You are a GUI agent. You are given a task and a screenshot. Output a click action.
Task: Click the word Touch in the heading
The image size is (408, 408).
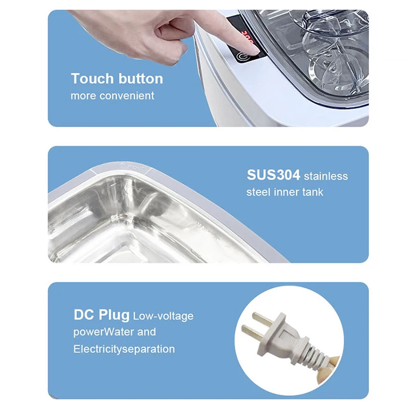pyautogui.click(x=92, y=78)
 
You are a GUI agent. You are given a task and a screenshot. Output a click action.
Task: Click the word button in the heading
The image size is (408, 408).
pyautogui.click(x=140, y=78)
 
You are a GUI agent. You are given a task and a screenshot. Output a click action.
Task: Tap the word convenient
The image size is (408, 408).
pyautogui.click(x=127, y=96)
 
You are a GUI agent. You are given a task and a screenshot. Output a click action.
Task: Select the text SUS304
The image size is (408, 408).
pyautogui.click(x=273, y=175)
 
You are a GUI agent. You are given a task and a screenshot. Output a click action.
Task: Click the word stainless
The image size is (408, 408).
pyautogui.click(x=326, y=176)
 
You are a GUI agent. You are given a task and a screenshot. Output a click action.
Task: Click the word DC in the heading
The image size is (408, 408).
pyautogui.click(x=84, y=314)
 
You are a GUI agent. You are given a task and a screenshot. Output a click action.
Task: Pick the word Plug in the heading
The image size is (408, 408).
pyautogui.click(x=114, y=316)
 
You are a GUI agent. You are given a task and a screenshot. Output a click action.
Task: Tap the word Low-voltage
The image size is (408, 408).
pyautogui.click(x=163, y=316)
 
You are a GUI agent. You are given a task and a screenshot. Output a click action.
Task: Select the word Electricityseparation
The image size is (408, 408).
pyautogui.click(x=124, y=349)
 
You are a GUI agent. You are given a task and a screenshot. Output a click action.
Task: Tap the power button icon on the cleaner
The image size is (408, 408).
pyautogui.click(x=242, y=57)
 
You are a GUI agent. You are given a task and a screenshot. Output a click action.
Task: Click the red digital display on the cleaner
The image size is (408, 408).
pyautogui.click(x=248, y=38)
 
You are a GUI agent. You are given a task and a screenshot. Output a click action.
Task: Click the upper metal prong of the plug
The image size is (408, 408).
pyautogui.click(x=263, y=319)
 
